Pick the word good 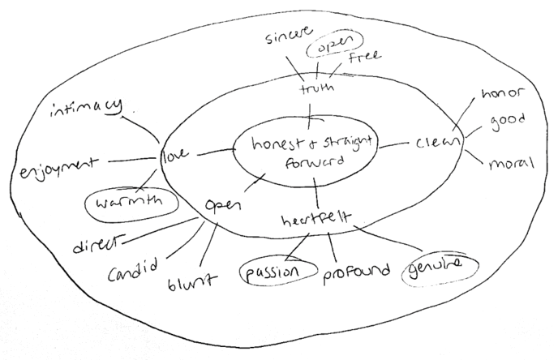point(508,120)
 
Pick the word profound point(356,269)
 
